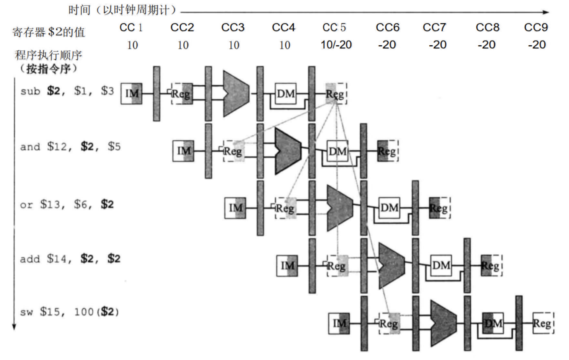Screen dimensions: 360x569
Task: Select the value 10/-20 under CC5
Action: click(x=335, y=45)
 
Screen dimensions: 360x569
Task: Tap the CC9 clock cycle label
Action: click(x=536, y=28)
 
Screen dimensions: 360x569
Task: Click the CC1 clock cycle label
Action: click(x=132, y=28)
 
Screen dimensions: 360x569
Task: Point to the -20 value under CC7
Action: click(x=437, y=45)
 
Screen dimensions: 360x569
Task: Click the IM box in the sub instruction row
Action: click(x=131, y=93)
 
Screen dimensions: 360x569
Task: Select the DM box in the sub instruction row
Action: click(x=286, y=93)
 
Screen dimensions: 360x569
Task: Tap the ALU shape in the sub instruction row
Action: click(x=236, y=93)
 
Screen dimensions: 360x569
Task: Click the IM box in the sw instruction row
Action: click(x=339, y=324)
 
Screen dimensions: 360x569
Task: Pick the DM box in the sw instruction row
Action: click(x=493, y=324)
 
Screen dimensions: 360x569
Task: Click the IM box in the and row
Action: click(x=183, y=151)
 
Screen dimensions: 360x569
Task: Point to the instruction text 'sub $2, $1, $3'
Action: click(x=67, y=91)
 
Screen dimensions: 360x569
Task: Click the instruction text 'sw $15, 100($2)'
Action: click(x=69, y=313)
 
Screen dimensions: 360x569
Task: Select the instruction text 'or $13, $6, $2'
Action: click(x=67, y=205)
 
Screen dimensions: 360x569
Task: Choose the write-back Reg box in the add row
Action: click(x=491, y=266)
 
